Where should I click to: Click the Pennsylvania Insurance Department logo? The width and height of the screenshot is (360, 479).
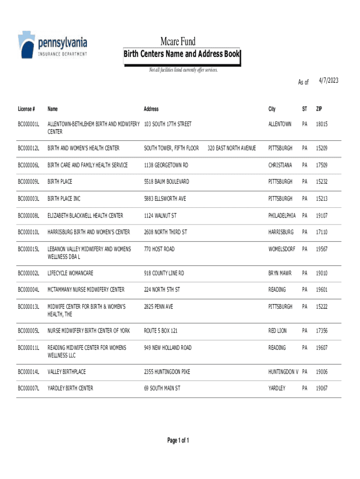52,45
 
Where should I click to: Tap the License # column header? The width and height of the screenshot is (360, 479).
26,109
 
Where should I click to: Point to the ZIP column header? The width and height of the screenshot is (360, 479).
319,109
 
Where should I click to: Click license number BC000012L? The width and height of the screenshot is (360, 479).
29,148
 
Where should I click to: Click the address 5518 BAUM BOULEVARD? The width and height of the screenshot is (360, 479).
167,181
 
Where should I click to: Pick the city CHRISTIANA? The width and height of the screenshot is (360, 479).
280,165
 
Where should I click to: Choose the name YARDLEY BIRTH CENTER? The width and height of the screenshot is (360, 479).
70,388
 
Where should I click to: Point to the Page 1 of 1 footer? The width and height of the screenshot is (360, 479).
178,441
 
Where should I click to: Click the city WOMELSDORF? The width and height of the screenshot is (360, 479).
282,249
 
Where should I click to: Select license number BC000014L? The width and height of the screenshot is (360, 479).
29,372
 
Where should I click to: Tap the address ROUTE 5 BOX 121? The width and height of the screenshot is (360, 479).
161,331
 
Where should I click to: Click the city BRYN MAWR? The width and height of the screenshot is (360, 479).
280,273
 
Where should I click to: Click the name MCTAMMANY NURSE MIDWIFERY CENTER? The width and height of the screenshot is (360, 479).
86,290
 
